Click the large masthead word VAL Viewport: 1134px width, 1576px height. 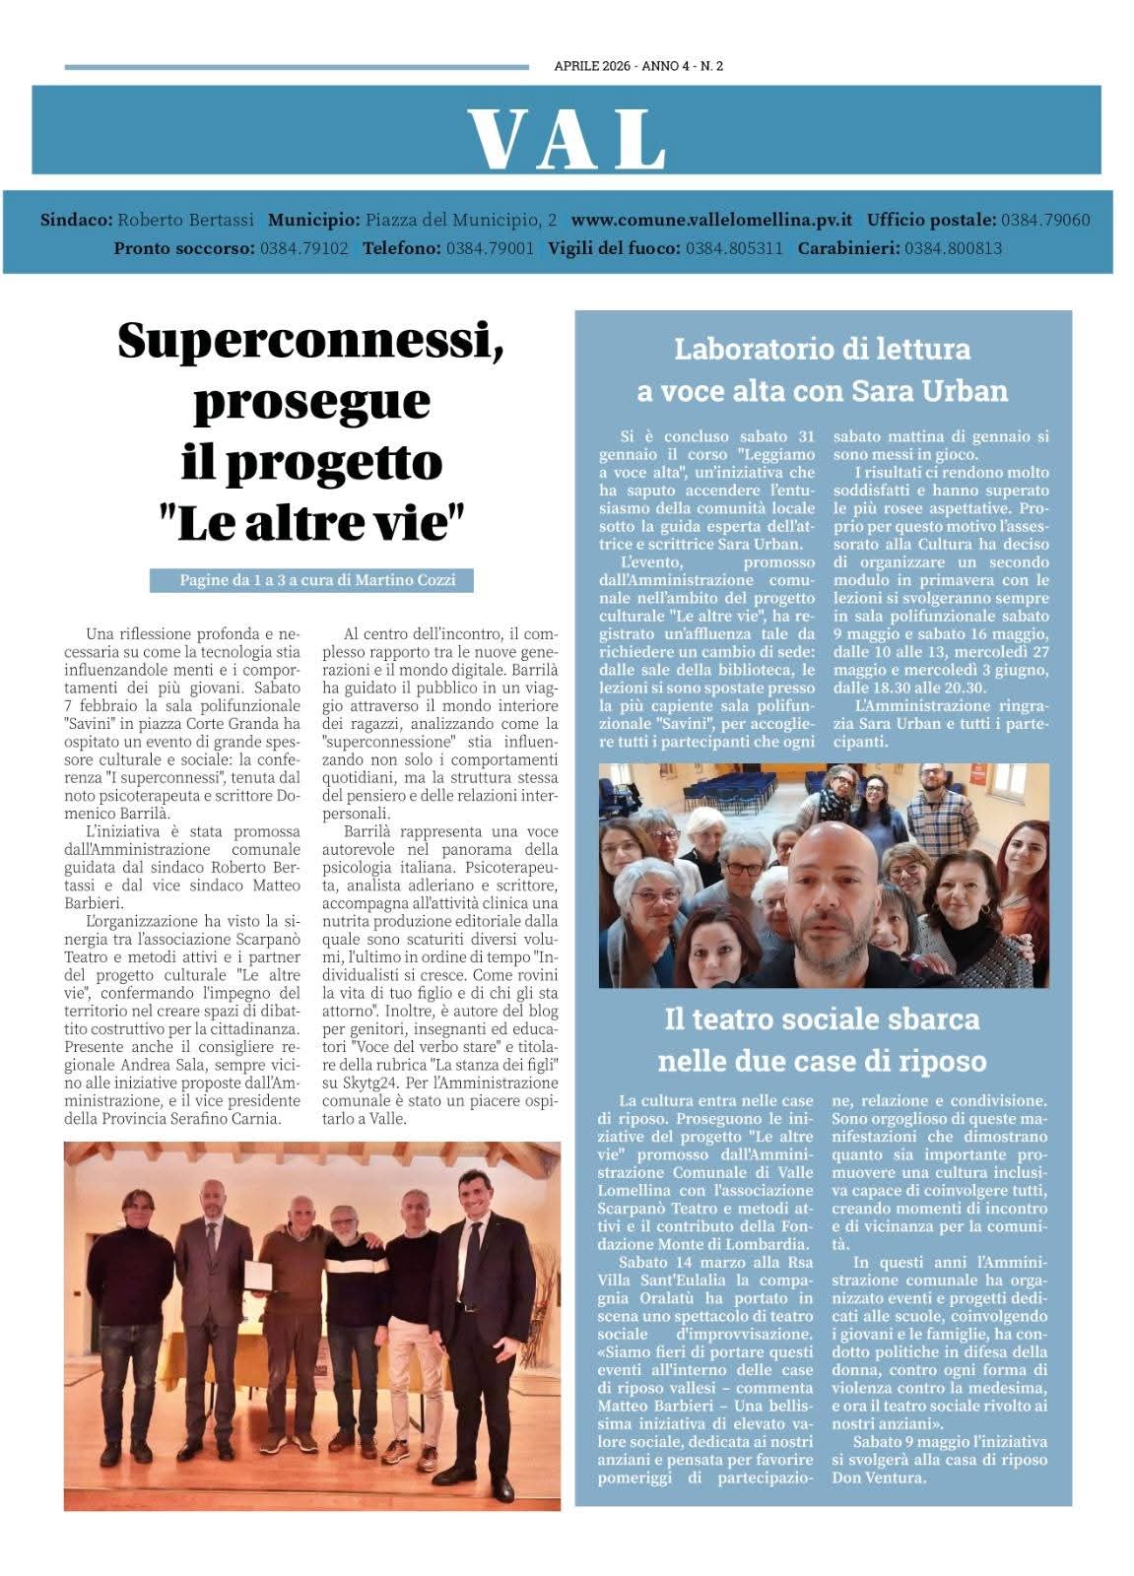point(567,139)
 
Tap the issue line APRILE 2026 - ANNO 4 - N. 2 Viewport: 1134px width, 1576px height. point(638,67)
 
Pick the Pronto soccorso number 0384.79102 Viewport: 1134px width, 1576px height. point(304,248)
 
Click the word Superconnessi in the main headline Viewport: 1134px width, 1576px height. point(311,341)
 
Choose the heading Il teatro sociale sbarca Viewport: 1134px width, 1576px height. point(822,1018)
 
